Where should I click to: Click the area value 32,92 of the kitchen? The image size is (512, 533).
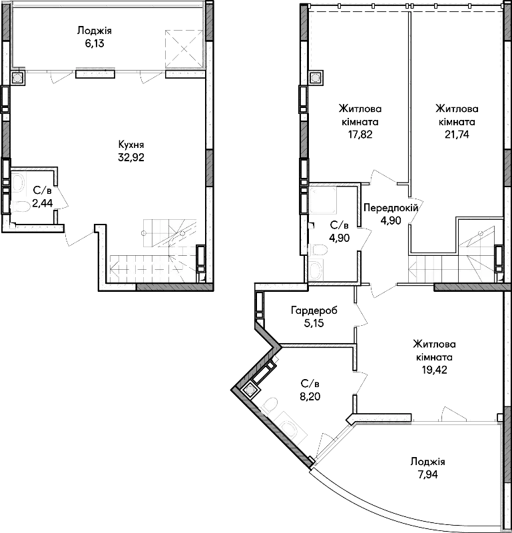pyautogui.click(x=131, y=157)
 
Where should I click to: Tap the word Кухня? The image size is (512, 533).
pyautogui.click(x=131, y=145)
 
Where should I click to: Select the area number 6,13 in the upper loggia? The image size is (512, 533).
pyautogui.click(x=94, y=44)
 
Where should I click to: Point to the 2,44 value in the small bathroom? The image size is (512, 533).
pyautogui.click(x=43, y=203)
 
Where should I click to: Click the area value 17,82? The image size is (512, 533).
pyautogui.click(x=360, y=135)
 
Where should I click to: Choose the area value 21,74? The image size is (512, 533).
pyautogui.click(x=457, y=135)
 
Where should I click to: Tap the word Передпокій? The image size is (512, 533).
pyautogui.click(x=391, y=208)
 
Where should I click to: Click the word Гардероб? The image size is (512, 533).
pyautogui.click(x=314, y=310)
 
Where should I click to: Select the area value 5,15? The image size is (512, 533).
pyautogui.click(x=314, y=323)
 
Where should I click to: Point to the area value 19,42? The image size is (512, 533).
pyautogui.click(x=434, y=370)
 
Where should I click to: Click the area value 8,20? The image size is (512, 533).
pyautogui.click(x=310, y=396)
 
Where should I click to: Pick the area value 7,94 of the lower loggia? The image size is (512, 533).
pyautogui.click(x=427, y=474)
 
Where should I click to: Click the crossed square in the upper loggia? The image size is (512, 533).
pyautogui.click(x=184, y=49)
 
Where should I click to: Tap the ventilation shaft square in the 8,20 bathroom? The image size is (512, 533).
pyautogui.click(x=250, y=390)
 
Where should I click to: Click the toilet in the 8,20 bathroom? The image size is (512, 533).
pyautogui.click(x=270, y=405)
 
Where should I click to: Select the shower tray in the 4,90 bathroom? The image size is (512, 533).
pyautogui.click(x=323, y=199)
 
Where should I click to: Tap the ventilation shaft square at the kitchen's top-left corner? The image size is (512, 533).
pyautogui.click(x=17, y=78)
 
